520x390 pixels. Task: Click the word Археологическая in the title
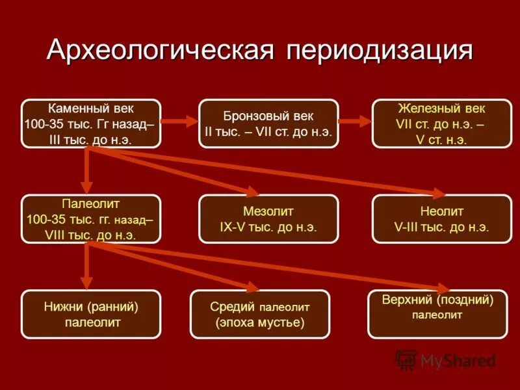[158, 51]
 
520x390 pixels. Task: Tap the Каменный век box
[91, 123]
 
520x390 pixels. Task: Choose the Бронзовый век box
[268, 123]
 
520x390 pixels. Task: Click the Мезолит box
[268, 219]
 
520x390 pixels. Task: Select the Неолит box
[441, 219]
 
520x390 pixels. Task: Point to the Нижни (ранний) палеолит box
[91, 314]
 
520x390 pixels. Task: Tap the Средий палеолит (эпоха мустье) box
[259, 314]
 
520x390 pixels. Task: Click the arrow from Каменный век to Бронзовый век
[179, 121]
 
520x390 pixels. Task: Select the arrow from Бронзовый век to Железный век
[355, 121]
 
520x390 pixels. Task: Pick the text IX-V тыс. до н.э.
[268, 227]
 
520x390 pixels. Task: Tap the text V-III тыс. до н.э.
[441, 227]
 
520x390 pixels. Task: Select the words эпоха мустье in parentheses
[259, 322]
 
